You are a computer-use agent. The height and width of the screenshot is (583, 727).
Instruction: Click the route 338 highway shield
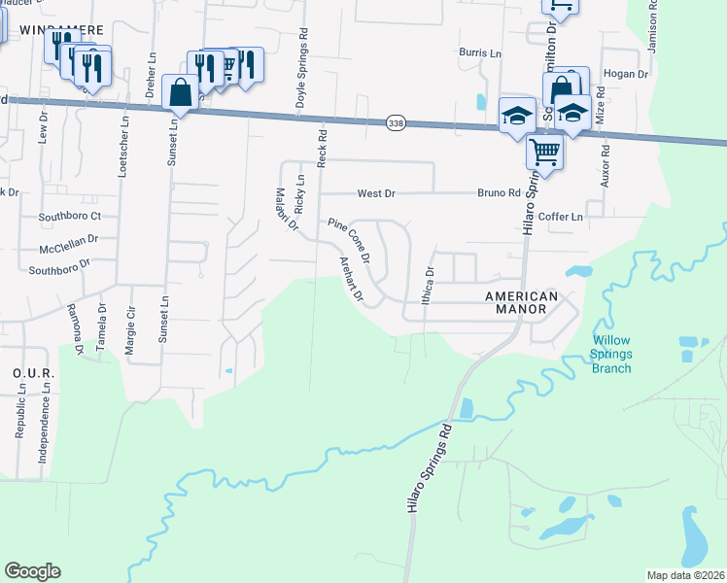coord(395,123)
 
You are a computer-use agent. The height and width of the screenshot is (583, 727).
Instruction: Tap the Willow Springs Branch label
coord(611,354)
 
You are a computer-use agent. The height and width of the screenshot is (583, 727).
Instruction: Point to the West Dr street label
coord(376,193)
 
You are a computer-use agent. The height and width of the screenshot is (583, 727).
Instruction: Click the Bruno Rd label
coord(498,193)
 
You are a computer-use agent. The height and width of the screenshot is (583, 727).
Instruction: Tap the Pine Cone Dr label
coord(349,241)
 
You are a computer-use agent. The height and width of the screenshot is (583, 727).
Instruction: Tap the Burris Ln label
coord(480,52)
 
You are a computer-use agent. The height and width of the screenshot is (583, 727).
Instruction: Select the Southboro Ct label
coord(70,216)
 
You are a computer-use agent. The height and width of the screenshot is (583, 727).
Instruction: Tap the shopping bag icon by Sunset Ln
coord(181,93)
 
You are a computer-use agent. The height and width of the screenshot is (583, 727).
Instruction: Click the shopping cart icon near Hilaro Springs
coord(544,151)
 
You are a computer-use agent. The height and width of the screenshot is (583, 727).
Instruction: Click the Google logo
coord(32,571)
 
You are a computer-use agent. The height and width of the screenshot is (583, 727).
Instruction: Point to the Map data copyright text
coord(684,575)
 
